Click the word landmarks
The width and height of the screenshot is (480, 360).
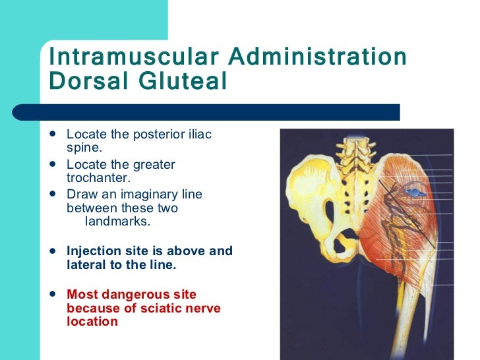(x=118, y=222)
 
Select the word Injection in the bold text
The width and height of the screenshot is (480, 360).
(x=94, y=251)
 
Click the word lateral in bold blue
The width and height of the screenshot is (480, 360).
(x=86, y=265)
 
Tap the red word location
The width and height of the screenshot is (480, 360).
(x=92, y=322)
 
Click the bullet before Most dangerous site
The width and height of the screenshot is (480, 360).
(x=53, y=295)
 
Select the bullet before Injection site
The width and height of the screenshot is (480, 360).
(x=53, y=251)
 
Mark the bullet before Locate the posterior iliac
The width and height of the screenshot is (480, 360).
(x=53, y=135)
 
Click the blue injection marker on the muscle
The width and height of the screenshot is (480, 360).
(x=414, y=191)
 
